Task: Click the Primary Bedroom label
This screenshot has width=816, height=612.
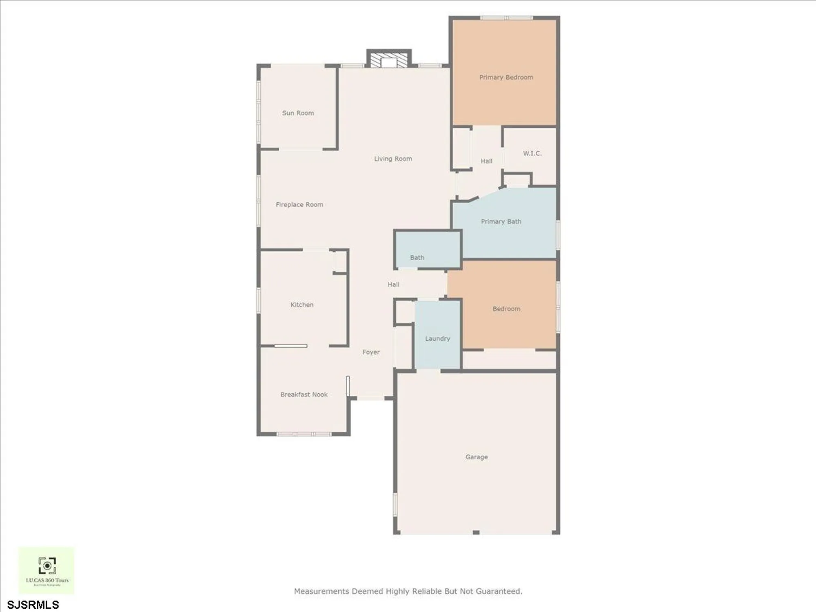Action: (506, 78)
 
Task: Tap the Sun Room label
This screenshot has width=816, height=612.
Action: (298, 113)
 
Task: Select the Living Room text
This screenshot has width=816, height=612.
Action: (393, 159)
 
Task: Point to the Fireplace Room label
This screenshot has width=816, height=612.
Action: (299, 205)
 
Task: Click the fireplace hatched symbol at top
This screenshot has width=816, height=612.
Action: (389, 60)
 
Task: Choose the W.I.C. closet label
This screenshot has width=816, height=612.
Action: (532, 153)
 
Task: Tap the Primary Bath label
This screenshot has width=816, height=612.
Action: (501, 222)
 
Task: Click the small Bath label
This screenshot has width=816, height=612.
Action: (417, 257)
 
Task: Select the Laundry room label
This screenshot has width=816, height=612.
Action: (437, 339)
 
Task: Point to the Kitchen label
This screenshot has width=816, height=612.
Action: (302, 305)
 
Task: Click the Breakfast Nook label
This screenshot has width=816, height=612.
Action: (304, 395)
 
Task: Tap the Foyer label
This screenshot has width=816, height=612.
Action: (371, 352)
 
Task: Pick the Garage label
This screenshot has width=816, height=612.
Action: (477, 457)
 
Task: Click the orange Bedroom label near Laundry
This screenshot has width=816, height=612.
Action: (506, 309)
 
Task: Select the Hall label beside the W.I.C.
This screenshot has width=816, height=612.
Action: (486, 161)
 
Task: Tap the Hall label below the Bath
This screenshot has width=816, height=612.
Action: (393, 284)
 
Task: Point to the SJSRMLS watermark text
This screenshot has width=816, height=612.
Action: (33, 605)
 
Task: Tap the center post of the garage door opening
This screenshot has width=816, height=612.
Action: (476, 532)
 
